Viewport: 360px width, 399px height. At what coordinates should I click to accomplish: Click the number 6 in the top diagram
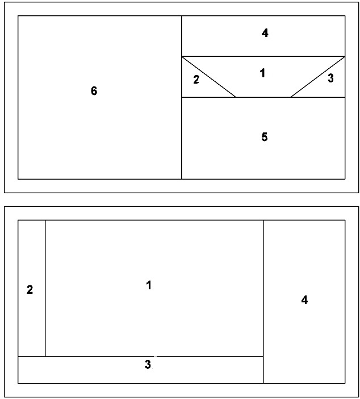(x=94, y=91)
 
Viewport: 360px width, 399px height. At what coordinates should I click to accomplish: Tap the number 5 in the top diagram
(x=265, y=137)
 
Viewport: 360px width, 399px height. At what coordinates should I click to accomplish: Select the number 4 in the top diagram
(x=265, y=33)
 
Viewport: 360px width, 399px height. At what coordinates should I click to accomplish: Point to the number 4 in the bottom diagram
(x=304, y=300)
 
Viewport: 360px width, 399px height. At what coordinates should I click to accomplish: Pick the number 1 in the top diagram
(x=263, y=73)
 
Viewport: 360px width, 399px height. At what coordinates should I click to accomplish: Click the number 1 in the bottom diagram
(x=149, y=285)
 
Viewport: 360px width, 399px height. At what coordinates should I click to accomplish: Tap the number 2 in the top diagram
(x=196, y=80)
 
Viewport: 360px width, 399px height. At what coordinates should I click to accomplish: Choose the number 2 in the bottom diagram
(x=30, y=290)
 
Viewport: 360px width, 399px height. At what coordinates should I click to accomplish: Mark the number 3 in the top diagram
(x=330, y=78)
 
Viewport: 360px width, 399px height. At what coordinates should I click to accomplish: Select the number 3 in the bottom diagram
(x=148, y=364)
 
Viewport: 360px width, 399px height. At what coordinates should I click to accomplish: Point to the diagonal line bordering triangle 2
(x=209, y=77)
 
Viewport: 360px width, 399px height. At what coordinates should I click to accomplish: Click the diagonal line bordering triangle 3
(x=318, y=77)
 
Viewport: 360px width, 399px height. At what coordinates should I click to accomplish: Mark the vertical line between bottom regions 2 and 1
(x=45, y=288)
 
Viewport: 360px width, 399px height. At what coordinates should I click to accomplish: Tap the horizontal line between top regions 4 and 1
(x=263, y=56)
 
